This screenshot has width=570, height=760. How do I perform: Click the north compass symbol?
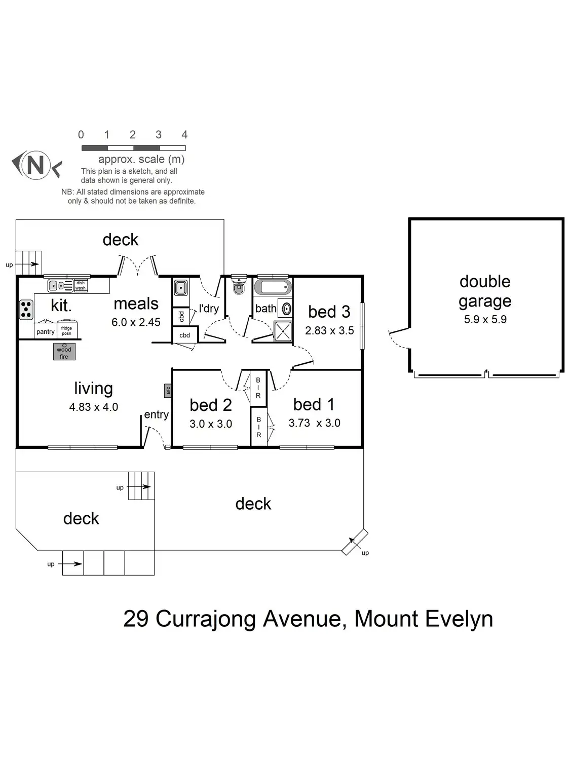pyautogui.click(x=35, y=165)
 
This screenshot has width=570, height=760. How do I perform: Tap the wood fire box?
pyautogui.click(x=64, y=351)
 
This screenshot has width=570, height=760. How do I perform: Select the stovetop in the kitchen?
pyautogui.click(x=26, y=310)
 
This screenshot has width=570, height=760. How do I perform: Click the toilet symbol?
pyautogui.click(x=238, y=286)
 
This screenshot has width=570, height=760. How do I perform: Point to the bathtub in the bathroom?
pyautogui.click(x=273, y=287)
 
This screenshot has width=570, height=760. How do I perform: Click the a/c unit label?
pyautogui.click(x=168, y=390)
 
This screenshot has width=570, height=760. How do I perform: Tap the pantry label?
pyautogui.click(x=46, y=332)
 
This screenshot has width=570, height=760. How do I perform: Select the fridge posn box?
pyautogui.click(x=67, y=330)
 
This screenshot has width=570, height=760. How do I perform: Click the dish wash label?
pyautogui.click(x=81, y=286)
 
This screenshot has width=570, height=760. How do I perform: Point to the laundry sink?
pyautogui.click(x=180, y=288)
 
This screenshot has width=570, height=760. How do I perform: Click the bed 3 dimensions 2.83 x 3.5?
pyautogui.click(x=329, y=330)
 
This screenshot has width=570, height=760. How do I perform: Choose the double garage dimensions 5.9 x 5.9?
pyautogui.click(x=485, y=319)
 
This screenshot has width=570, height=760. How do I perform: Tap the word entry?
pyautogui.click(x=156, y=414)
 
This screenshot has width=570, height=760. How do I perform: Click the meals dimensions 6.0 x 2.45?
pyautogui.click(x=136, y=322)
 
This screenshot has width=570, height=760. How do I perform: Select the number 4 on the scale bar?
pyautogui.click(x=184, y=135)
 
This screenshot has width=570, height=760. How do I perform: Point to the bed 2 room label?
pyautogui.click(x=211, y=405)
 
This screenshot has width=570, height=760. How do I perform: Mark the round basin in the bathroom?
pyautogui.click(x=286, y=309)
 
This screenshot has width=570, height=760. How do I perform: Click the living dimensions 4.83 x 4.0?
pyautogui.click(x=94, y=407)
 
